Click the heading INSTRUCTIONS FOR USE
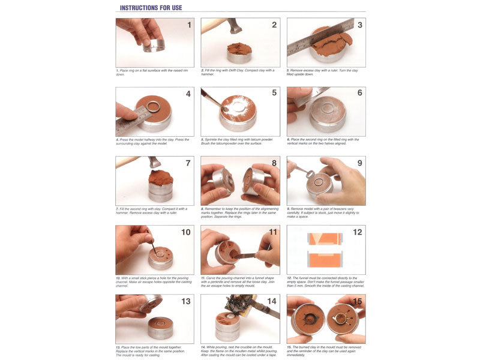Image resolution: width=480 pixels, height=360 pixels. tap(151, 8)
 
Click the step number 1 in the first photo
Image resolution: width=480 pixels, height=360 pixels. tap(189, 25)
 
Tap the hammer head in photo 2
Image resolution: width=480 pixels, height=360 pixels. tap(233, 27)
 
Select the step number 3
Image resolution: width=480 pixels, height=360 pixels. tap(359, 25)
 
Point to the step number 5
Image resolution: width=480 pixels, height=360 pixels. tap(274, 94)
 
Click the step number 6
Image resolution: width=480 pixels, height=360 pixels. tap(359, 94)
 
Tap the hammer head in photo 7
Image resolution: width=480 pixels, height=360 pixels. tap(154, 162)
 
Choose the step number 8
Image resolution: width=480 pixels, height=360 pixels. tap(274, 163)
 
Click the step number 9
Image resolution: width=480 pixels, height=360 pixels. tap(359, 163)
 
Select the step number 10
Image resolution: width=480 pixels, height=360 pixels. tap(186, 232)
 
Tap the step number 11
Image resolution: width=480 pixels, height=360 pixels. tap(273, 232)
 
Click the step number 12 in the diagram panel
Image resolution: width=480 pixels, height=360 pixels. tap(358, 232)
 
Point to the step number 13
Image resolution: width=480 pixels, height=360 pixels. tap(186, 301)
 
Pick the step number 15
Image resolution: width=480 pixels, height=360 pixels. tap(358, 301)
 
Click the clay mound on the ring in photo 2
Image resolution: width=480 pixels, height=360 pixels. tap(239, 49)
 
